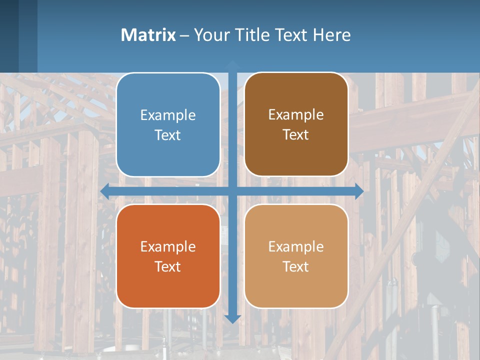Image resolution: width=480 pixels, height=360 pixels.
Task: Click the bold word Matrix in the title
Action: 148,35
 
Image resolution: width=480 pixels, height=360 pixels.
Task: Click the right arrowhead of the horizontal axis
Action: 359,191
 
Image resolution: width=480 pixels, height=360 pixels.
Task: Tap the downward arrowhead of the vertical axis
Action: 232,318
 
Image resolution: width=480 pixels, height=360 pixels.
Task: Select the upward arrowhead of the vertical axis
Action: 232,64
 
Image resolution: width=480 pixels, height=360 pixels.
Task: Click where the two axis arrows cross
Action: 232,191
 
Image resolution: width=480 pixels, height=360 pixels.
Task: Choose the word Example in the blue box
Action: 168,115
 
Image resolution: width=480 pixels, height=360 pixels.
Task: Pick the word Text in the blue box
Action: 168,135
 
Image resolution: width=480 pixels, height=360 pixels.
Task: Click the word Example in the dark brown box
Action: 296,114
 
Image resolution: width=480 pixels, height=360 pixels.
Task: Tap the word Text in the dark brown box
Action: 296,134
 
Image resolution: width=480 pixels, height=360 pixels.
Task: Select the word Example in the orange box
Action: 168,246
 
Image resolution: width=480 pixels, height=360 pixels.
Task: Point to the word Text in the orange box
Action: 168,266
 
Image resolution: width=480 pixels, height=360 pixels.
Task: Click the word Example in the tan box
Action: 296,246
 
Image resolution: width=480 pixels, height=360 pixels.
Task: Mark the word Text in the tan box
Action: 296,266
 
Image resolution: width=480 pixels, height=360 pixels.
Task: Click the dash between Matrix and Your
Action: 184,35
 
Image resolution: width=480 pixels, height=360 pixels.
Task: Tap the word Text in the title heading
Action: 290,35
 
